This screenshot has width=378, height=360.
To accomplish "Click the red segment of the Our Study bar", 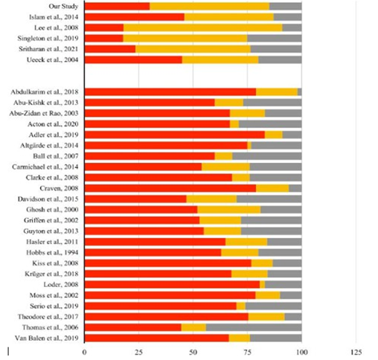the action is coord(117,6).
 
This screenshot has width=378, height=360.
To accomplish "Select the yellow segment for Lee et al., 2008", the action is coord(203,28).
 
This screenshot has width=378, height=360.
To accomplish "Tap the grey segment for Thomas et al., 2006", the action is coord(254,327).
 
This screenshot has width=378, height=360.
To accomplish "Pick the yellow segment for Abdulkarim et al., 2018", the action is coord(277,91).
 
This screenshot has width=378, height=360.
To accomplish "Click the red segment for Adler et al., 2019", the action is coord(175,135).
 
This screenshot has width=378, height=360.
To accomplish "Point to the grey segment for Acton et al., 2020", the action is coord(270,124).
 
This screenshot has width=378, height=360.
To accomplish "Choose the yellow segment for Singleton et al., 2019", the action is coord(185,38).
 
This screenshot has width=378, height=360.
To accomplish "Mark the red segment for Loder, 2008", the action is coord(172,284).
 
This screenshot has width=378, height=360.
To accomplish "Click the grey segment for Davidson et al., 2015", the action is coord(269,199).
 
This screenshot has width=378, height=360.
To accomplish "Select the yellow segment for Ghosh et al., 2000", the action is coord(229,210).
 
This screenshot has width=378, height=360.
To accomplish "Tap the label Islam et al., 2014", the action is coord(54,17).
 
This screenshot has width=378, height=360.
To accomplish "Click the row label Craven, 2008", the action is coord(59,188).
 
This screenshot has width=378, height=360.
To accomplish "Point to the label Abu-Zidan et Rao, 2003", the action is coord(44,113).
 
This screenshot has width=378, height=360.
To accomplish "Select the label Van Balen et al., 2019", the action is coord(47,338).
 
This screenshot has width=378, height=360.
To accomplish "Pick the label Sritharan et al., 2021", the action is coord(48,49).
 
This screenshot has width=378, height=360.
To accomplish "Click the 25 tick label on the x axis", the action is coord(138,352).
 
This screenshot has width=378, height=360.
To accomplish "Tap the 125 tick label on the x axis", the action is coord(356,352).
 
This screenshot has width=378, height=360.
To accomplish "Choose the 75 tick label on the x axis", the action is coord(247,352).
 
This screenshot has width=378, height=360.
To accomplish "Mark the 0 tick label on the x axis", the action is coord(85,352).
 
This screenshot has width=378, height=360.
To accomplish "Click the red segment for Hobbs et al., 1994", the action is coord(153,252).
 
